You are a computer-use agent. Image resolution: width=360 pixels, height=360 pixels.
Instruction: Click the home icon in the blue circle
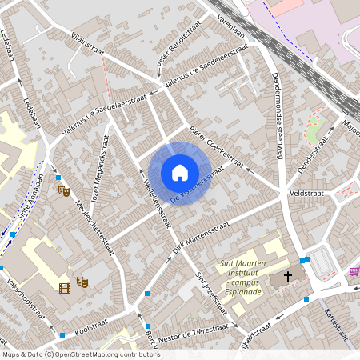click(179, 173)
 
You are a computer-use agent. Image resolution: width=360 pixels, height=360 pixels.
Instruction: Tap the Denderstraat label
click(314, 158)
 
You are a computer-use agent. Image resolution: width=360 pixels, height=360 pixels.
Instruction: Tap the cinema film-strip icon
click(64, 287)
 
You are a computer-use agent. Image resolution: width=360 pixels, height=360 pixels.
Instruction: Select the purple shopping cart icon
click(354, 272)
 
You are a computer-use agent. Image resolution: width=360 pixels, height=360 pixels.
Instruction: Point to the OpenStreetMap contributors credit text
click(80, 354)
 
